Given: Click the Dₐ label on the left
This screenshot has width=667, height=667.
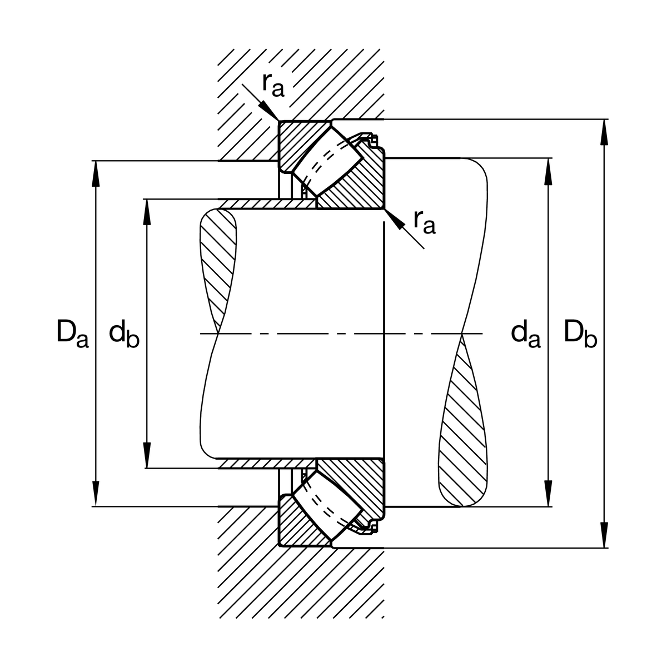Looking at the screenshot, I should tap(72, 334).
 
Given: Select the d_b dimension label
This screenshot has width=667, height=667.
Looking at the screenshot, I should tap(124, 334).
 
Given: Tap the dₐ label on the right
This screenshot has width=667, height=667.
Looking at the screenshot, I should tap(525, 334).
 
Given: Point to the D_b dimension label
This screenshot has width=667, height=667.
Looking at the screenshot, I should tap(580, 334).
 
